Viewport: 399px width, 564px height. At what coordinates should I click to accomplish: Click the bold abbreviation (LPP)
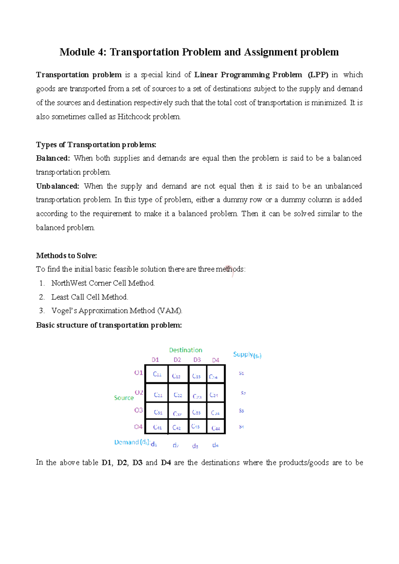(x=318, y=75)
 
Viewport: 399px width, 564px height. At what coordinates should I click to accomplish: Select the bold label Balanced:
(x=53, y=158)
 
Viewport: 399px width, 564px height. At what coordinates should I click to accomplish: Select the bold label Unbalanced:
(x=58, y=186)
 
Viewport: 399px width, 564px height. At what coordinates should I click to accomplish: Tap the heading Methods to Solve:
(x=66, y=256)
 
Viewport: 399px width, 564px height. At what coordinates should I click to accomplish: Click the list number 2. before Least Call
(x=42, y=297)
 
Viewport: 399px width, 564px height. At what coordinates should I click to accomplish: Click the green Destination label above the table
(x=186, y=350)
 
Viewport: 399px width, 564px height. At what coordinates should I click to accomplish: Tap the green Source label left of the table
(x=124, y=398)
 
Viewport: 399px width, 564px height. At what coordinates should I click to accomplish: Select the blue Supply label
(x=243, y=354)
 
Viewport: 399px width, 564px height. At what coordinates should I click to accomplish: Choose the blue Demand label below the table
(x=127, y=442)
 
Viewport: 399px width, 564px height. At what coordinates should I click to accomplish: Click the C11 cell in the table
(x=157, y=374)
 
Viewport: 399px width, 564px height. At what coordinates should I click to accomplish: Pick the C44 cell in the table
(x=216, y=428)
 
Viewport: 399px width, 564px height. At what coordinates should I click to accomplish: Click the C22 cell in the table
(x=178, y=395)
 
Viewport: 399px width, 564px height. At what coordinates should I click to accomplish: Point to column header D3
(x=197, y=360)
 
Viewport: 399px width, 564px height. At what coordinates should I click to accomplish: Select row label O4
(x=138, y=427)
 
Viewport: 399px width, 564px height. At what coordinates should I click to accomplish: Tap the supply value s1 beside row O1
(x=241, y=373)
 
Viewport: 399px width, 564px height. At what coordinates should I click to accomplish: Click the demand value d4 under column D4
(x=215, y=445)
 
